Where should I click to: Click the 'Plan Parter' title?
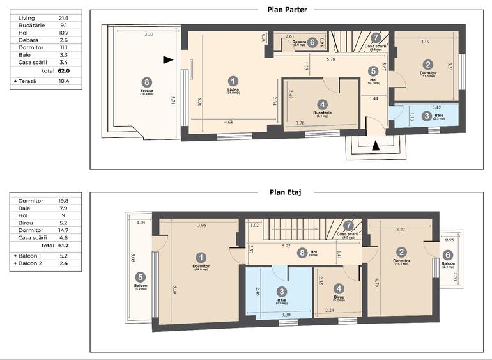click(x=287, y=10)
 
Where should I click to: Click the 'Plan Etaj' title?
click(x=286, y=191)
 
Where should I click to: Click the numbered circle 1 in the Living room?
click(x=233, y=80)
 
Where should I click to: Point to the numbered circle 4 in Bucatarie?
click(x=323, y=104)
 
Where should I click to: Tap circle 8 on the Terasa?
click(x=148, y=82)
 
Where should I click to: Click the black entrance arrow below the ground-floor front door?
click(x=376, y=145)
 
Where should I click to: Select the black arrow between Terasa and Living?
click(x=168, y=60)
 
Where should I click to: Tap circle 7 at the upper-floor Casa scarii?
click(x=348, y=225)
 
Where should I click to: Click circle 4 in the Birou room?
click(x=339, y=288)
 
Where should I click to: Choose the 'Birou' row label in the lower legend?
click(x=28, y=223)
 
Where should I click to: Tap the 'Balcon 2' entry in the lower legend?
click(x=33, y=263)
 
